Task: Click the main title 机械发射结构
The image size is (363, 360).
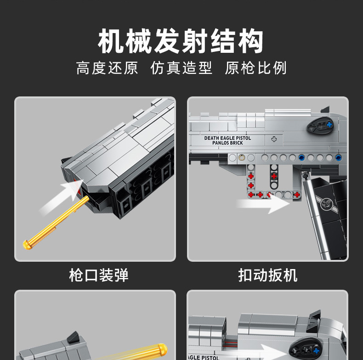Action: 181,42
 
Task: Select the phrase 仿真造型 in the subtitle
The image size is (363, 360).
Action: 181,68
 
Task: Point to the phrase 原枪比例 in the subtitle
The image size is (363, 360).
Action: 255,68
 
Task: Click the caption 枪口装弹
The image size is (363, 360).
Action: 98,275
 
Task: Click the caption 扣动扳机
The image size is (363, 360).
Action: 267,275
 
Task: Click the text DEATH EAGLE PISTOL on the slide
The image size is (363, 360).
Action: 228,138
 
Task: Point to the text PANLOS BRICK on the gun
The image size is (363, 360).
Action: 228,143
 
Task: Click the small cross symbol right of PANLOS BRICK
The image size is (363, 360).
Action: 274,139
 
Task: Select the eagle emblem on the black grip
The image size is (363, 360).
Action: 328,201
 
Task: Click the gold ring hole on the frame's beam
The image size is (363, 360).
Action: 242,157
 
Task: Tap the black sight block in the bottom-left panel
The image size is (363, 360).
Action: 73,337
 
